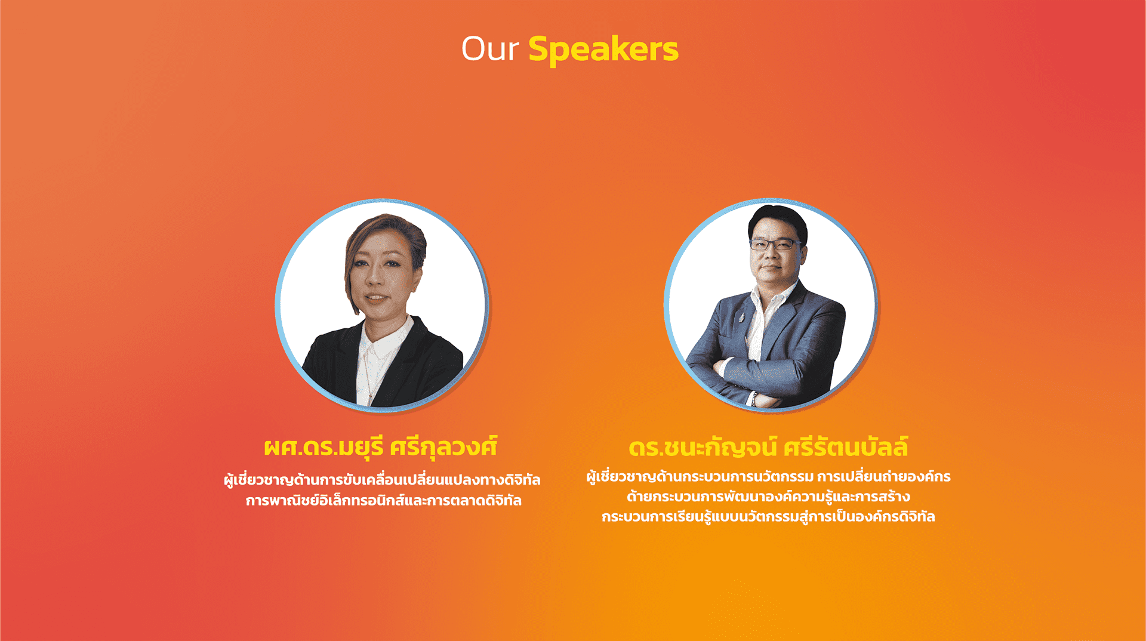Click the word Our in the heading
pyautogui.click(x=490, y=49)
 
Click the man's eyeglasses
pyautogui.click(x=775, y=244)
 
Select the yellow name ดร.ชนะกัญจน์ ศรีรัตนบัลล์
pyautogui.click(x=768, y=447)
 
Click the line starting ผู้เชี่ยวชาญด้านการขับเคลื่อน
pyautogui.click(x=382, y=480)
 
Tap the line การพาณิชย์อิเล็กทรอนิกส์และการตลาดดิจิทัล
pyautogui.click(x=384, y=500)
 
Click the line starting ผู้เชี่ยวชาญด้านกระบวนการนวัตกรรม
pyautogui.click(x=768, y=477)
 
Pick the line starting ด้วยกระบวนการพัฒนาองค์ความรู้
pyautogui.click(x=768, y=497)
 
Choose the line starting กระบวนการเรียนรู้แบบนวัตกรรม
pyautogui.click(x=768, y=516)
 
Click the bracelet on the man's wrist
pyautogui.click(x=754, y=399)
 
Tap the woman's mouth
pyautogui.click(x=375, y=297)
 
